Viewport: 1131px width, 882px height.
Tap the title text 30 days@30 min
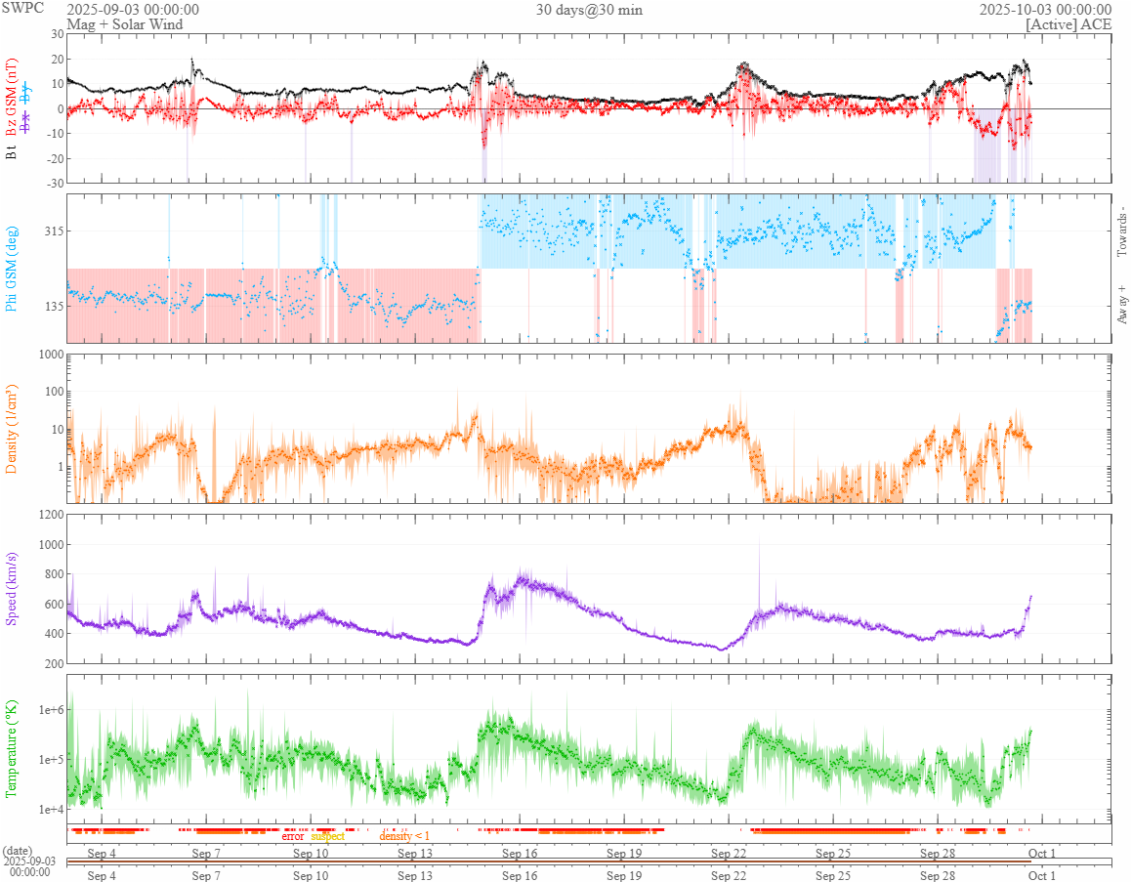589,10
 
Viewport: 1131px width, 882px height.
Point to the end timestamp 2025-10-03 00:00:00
1045,10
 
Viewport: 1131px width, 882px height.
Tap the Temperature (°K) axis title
13,747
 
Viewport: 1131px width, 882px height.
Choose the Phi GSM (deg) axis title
13,267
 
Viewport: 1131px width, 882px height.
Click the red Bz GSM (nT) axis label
13,92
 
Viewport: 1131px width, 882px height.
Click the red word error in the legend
292,836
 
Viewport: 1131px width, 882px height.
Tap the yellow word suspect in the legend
327,836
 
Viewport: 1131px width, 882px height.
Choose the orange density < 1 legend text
404,836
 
